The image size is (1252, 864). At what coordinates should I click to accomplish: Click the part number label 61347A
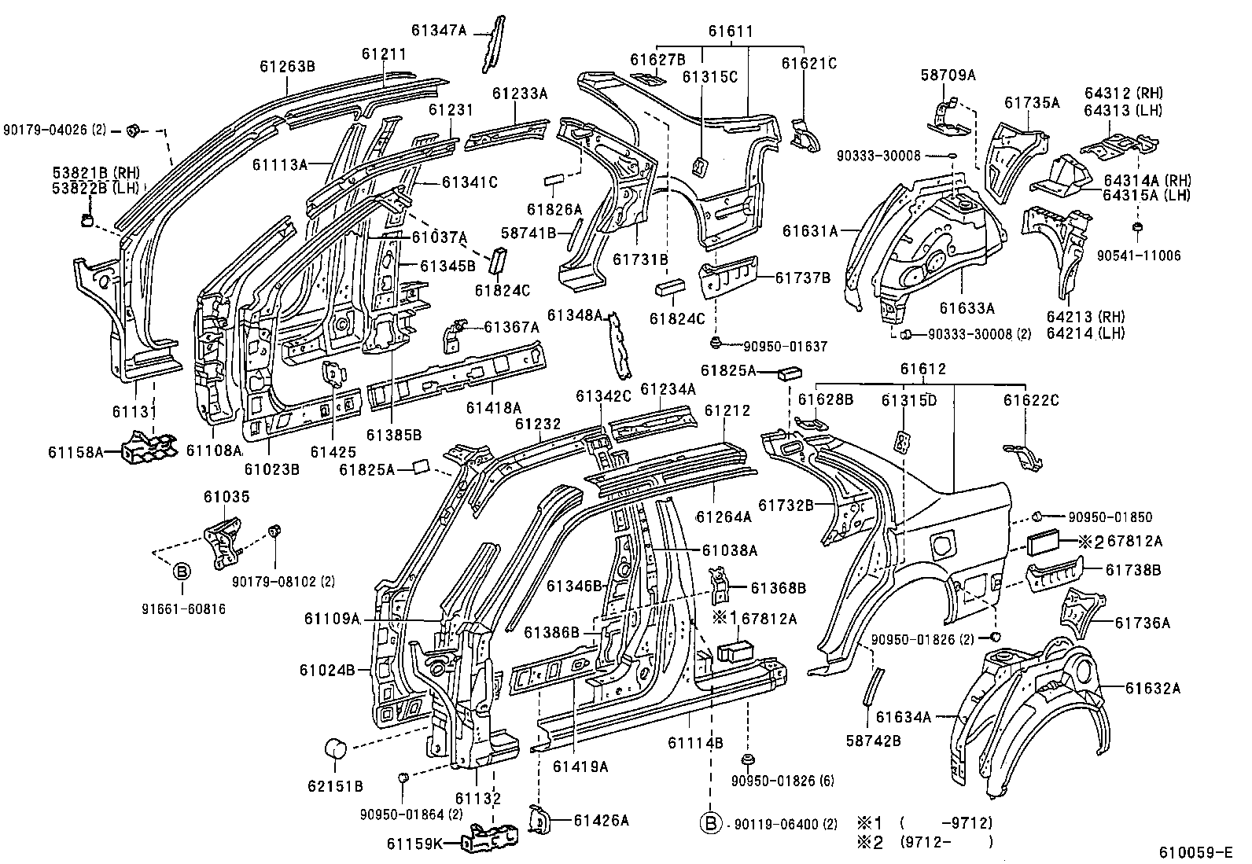click(438, 31)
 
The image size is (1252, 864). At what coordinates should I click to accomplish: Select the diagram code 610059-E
click(1201, 851)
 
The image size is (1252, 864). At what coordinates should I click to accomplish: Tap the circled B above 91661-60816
click(181, 572)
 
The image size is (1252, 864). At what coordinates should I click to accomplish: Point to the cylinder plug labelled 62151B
click(337, 749)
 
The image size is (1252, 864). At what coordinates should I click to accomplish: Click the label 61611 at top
click(730, 32)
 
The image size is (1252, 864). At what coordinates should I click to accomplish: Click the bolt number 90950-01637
click(785, 346)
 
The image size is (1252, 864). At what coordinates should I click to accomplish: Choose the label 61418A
click(493, 407)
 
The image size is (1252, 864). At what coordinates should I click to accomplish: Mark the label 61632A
click(1152, 689)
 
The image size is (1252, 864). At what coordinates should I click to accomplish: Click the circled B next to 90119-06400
click(710, 823)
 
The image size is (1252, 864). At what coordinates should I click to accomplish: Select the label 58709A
click(948, 75)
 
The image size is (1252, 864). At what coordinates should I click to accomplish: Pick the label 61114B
click(695, 742)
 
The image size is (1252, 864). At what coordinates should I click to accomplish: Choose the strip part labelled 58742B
click(873, 686)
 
